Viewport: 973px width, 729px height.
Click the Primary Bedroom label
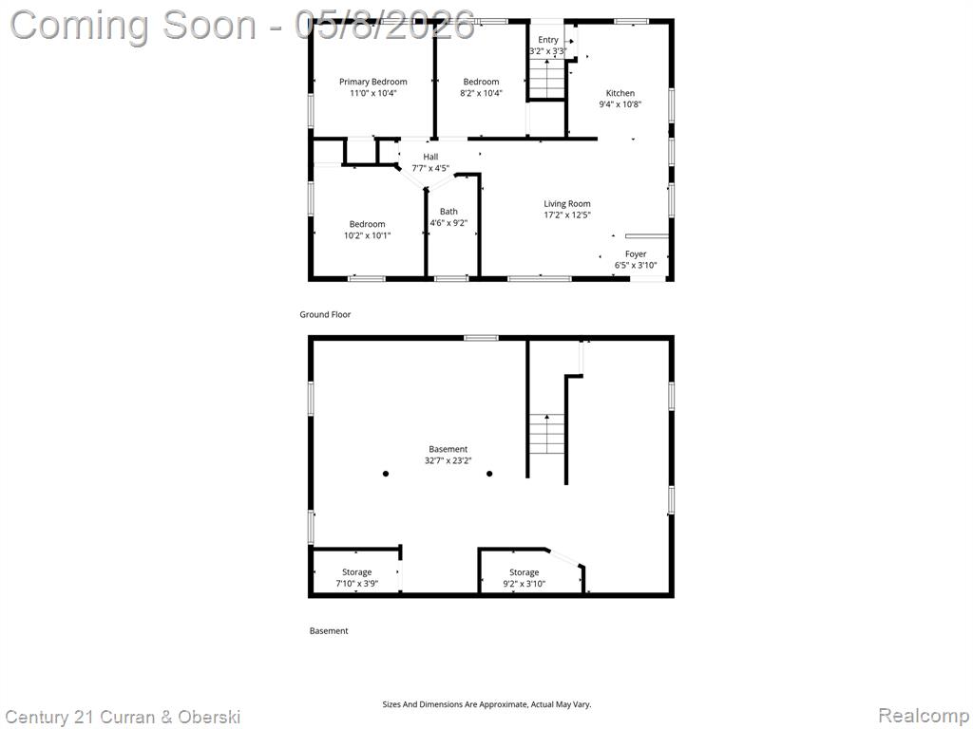tap(372, 82)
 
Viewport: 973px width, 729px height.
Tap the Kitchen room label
tap(620, 93)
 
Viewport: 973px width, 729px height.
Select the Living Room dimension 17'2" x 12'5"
tap(567, 215)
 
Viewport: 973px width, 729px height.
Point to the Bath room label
tap(448, 212)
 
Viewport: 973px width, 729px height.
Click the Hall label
tap(430, 157)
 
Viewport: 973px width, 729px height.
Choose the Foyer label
tap(636, 254)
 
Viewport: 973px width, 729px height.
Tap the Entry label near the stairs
tap(548, 40)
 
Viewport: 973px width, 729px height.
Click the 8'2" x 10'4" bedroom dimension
tap(481, 93)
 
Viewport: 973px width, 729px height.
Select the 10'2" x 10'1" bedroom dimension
tap(368, 235)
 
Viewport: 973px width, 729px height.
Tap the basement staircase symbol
tap(546, 434)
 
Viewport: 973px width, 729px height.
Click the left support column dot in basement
tap(386, 474)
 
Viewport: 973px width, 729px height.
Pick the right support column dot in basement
tap(489, 474)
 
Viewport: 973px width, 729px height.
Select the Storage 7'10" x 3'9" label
tap(357, 578)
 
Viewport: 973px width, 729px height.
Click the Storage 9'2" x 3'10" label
tap(525, 578)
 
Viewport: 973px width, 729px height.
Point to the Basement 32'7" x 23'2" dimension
tap(448, 460)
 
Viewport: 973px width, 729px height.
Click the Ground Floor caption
tap(325, 314)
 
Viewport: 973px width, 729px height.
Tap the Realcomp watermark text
tap(924, 716)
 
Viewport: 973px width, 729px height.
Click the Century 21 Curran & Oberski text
tap(123, 718)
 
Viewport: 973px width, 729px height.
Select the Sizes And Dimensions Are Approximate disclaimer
tap(486, 704)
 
